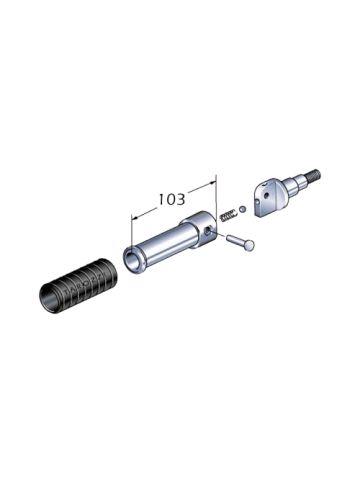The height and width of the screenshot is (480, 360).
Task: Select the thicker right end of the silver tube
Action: point(201,232)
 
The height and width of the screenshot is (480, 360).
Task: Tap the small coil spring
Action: point(230,212)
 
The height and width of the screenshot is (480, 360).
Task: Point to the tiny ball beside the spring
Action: point(243,205)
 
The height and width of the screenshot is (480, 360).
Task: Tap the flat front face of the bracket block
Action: point(265,205)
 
